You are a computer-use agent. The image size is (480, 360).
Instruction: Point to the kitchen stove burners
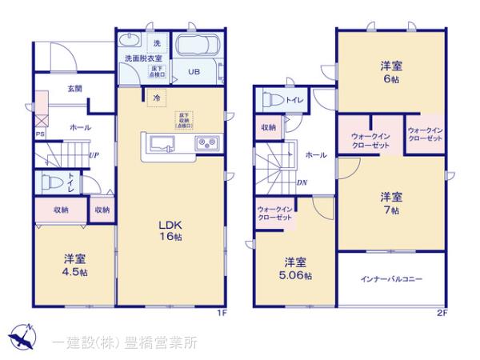pyautogui.click(x=206, y=144)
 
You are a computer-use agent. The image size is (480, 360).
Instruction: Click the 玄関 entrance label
pyautogui.click(x=75, y=89)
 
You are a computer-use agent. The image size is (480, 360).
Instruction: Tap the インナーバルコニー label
pyautogui.click(x=391, y=279)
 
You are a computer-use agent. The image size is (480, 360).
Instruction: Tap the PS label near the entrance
pyautogui.click(x=38, y=134)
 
